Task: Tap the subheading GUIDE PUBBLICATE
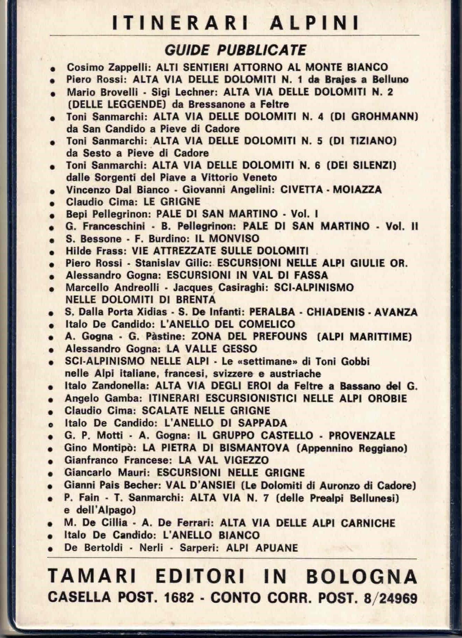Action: (x=235, y=50)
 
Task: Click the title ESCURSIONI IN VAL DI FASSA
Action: (x=247, y=276)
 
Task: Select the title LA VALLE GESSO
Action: (x=212, y=349)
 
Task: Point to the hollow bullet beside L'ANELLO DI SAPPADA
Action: (x=51, y=425)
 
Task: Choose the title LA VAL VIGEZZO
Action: (x=224, y=460)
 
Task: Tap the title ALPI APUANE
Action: (x=262, y=548)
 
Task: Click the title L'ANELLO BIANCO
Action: (x=210, y=535)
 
